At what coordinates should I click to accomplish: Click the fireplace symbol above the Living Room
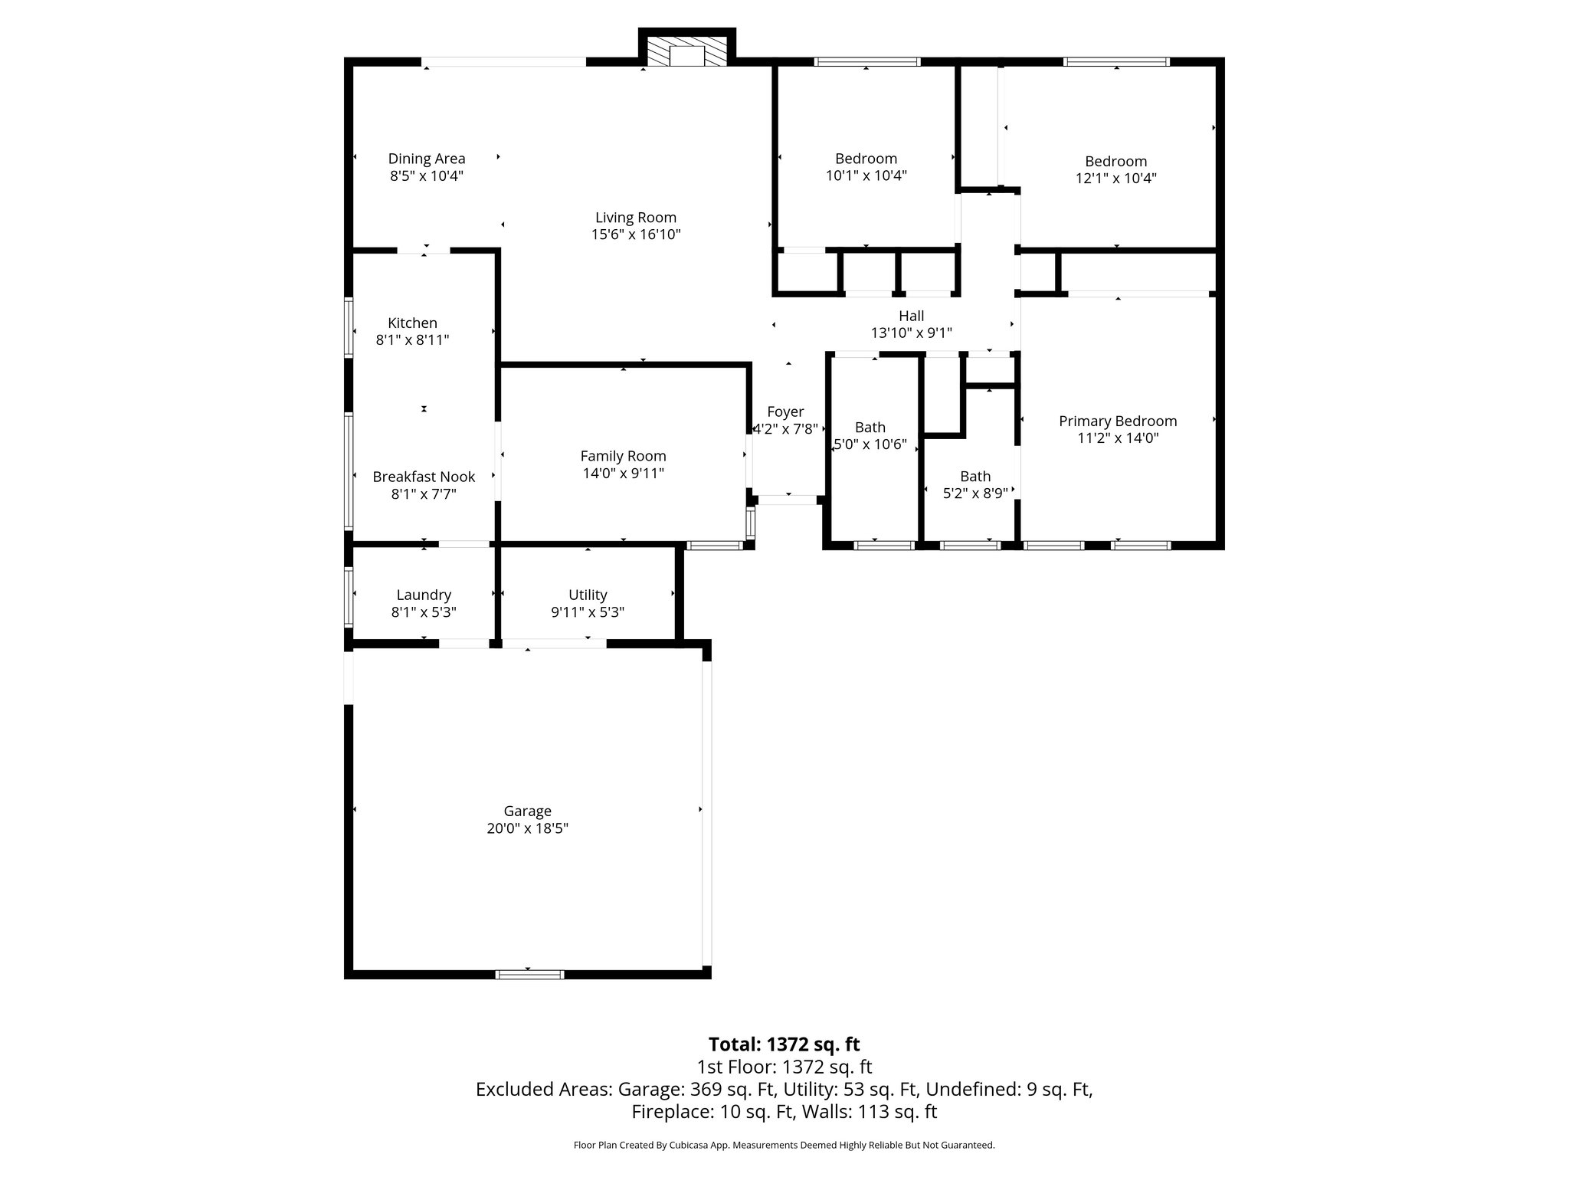click(687, 51)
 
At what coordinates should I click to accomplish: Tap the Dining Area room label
click(427, 159)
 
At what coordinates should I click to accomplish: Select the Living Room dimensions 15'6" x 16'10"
click(636, 234)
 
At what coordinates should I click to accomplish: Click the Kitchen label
click(412, 323)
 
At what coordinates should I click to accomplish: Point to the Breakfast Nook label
click(424, 477)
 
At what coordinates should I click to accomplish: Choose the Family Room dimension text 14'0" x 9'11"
click(623, 474)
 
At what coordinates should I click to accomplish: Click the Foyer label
click(785, 412)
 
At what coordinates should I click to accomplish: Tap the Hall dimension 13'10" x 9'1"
click(911, 333)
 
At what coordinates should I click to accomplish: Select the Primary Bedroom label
click(1118, 421)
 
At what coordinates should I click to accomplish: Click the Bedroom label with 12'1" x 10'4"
click(1115, 161)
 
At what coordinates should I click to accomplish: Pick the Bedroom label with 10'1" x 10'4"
click(866, 159)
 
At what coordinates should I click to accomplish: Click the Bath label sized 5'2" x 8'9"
click(975, 477)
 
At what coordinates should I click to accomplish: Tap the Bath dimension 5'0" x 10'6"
click(870, 444)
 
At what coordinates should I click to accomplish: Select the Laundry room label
click(424, 595)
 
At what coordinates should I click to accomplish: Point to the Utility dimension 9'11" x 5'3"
click(588, 612)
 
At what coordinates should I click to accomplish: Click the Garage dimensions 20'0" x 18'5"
click(527, 828)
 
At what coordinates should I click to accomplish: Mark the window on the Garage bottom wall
click(529, 974)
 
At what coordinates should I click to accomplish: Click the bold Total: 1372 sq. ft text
click(784, 1044)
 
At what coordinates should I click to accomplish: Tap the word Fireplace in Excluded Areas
click(666, 1112)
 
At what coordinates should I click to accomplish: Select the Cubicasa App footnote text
click(784, 1145)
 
